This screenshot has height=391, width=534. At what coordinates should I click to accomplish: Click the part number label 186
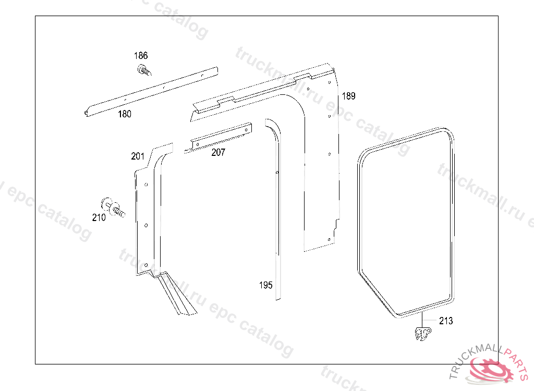[141, 55]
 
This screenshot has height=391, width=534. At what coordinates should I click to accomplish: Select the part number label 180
[124, 114]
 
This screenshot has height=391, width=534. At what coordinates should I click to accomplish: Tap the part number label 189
[348, 96]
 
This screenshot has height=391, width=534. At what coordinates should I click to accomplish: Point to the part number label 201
[138, 156]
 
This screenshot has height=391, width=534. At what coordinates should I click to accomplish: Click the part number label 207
[218, 152]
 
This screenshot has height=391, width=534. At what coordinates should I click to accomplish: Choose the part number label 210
[99, 217]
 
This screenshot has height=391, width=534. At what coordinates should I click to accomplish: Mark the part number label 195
[265, 285]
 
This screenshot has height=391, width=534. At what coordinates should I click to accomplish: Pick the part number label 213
[446, 321]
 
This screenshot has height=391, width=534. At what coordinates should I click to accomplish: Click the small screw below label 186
[144, 70]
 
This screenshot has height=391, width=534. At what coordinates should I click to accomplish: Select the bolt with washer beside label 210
[113, 207]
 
